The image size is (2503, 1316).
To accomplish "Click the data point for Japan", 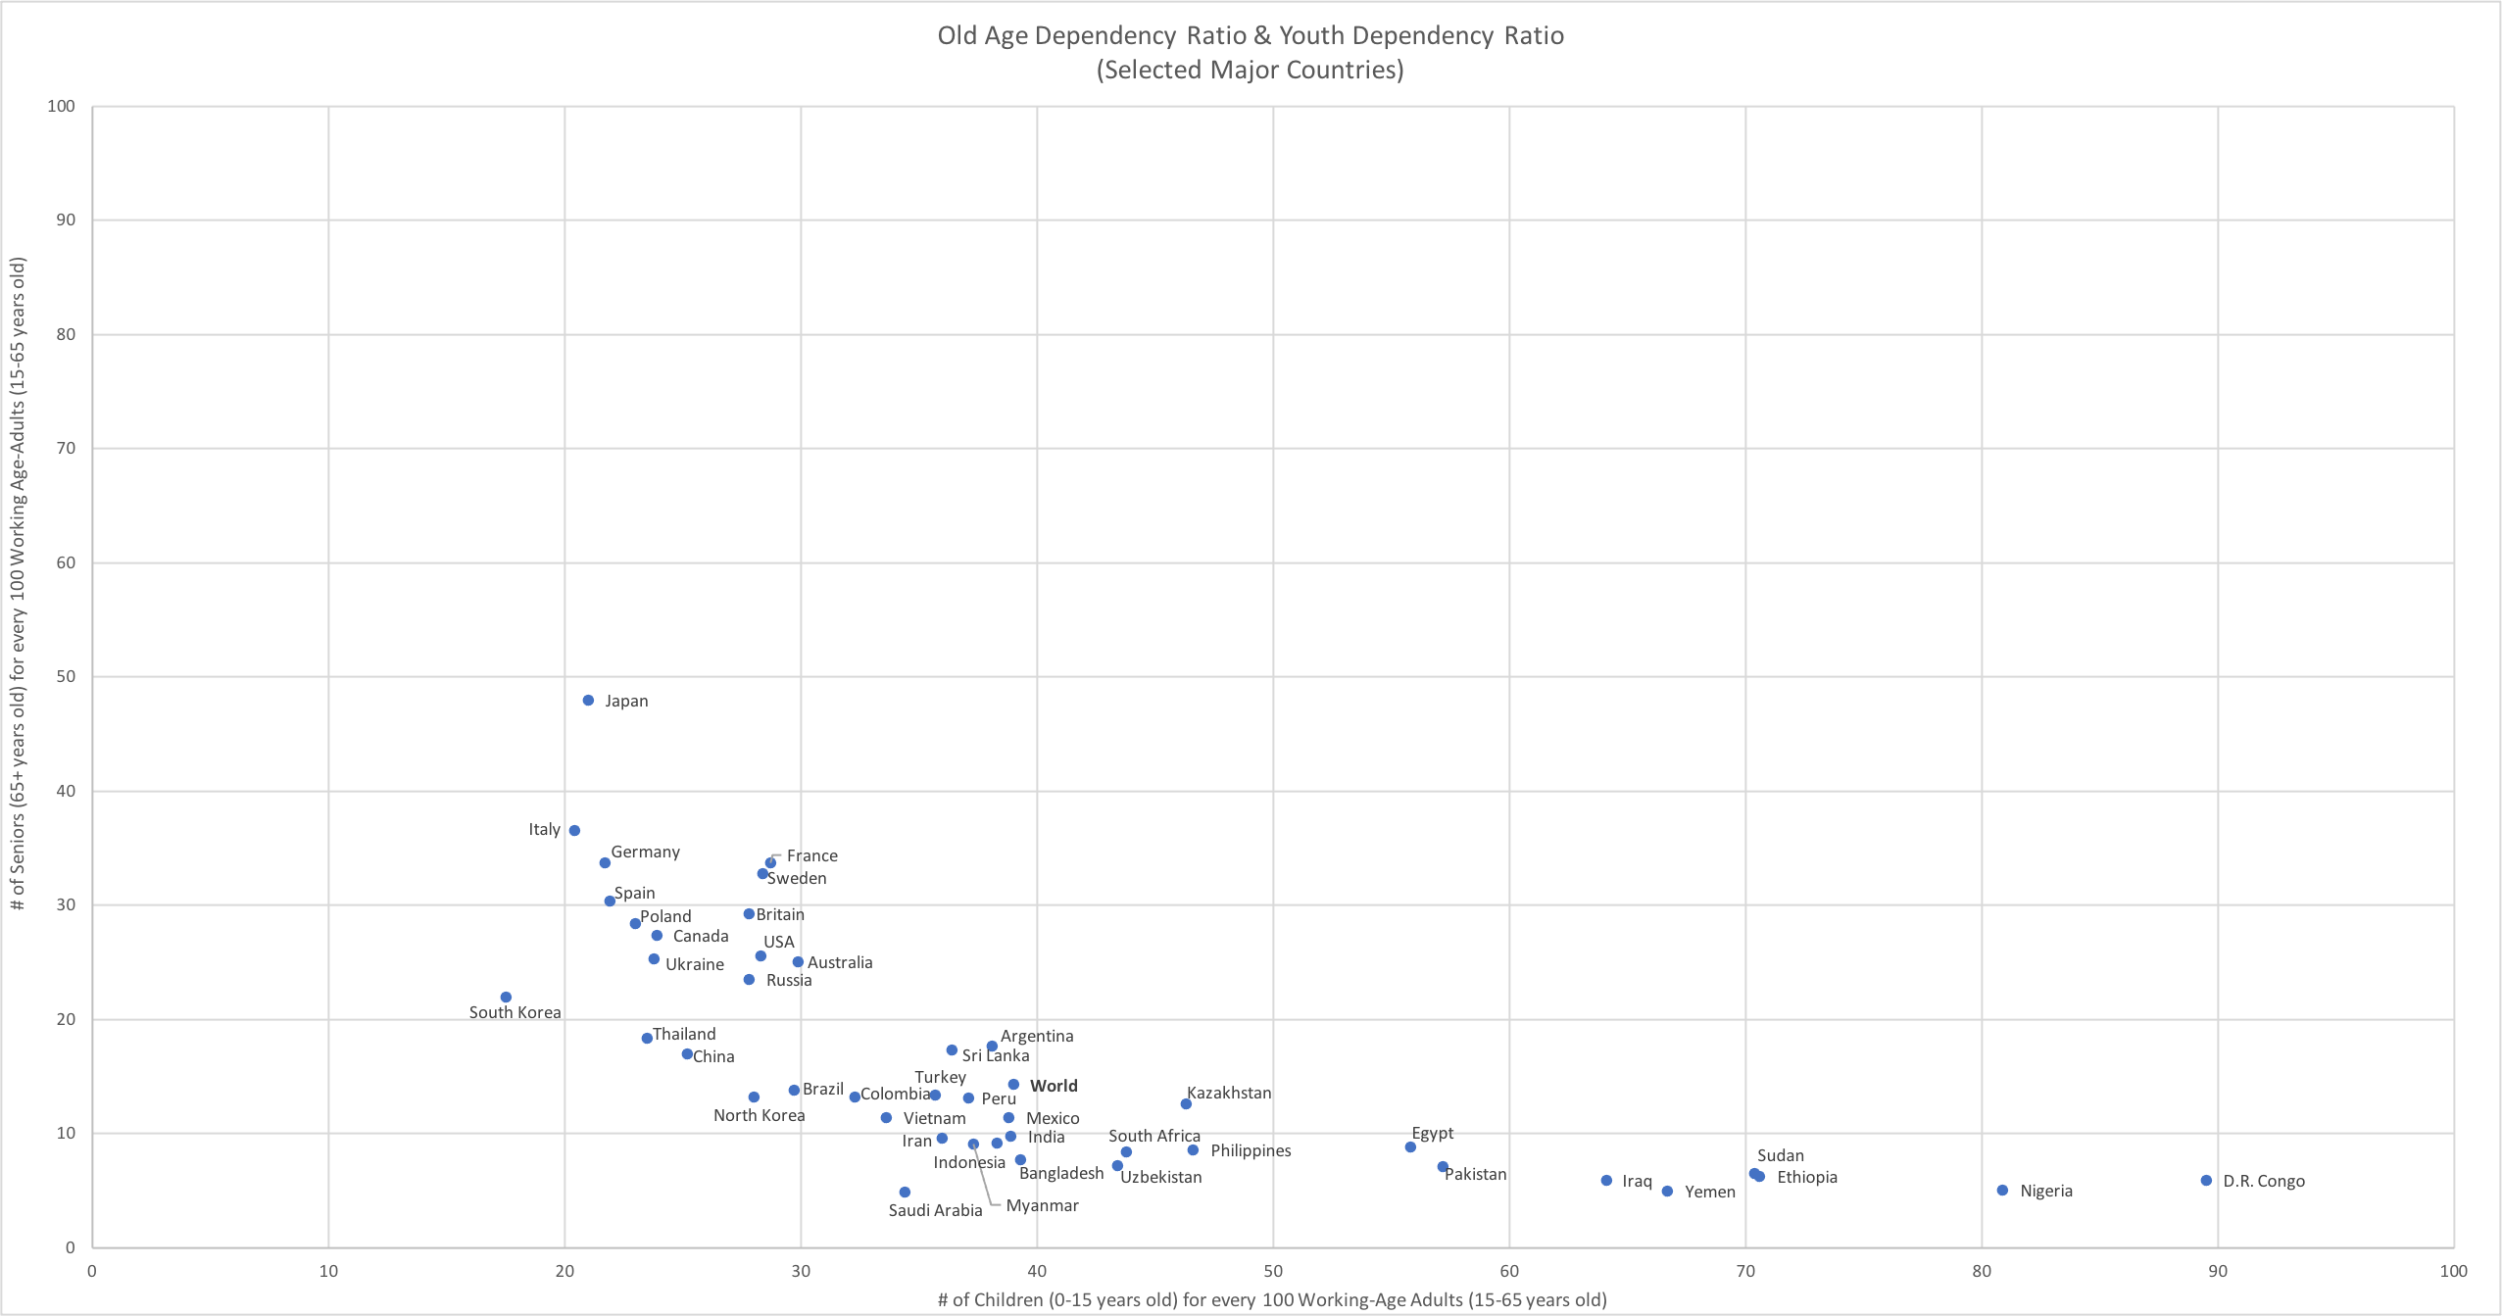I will click(588, 701).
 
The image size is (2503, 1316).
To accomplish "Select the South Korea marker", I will click(506, 998).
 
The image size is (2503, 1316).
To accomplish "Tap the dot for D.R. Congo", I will click(2206, 1181).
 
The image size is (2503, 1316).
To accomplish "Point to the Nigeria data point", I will click(2002, 1191).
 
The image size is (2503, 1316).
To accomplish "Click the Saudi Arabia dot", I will click(905, 1193).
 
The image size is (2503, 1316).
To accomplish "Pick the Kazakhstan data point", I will click(1186, 1104).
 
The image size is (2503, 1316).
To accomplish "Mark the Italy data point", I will click(574, 831).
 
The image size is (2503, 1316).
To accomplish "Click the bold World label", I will click(1054, 1086).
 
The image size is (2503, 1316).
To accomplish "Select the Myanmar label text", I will click(1042, 1206).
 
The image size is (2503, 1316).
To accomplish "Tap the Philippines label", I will click(1251, 1151).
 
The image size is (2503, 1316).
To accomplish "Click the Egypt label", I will click(1432, 1134).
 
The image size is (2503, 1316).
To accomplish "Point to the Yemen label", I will click(1709, 1193).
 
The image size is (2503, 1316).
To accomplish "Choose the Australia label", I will click(840, 963).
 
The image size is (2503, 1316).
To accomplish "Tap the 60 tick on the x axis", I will click(1509, 1272).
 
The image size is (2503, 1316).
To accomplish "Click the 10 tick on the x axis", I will click(328, 1272).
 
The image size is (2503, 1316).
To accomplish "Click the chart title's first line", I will click(1251, 36).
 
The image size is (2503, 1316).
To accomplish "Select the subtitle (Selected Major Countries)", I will click(1251, 71).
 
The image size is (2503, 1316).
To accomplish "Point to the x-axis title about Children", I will click(1272, 1300).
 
